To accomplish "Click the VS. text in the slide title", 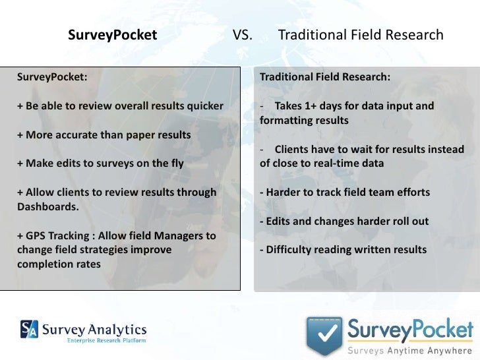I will [242, 34].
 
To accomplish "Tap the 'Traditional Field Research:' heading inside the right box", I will [325, 76].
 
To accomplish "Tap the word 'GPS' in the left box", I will [37, 235].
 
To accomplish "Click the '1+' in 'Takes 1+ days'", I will [312, 105].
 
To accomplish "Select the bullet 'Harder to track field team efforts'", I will [345, 192].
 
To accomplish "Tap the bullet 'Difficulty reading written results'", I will [343, 250].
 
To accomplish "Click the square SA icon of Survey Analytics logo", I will [29, 328].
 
